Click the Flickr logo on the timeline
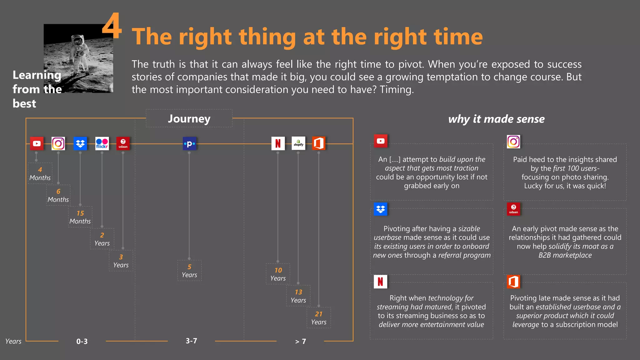[x=102, y=143]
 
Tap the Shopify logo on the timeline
[x=298, y=143]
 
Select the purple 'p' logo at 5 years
[x=189, y=144]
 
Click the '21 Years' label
[x=319, y=318]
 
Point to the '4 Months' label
[x=40, y=173]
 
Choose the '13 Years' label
[x=298, y=296]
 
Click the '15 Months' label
[x=80, y=217]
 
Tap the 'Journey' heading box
[x=189, y=118]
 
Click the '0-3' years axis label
[x=82, y=341]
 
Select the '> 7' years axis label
[x=301, y=342]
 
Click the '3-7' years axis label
[x=191, y=341]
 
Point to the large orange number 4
[x=112, y=26]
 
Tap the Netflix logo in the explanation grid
[x=380, y=282]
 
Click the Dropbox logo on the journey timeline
[x=80, y=143]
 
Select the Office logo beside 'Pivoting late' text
[x=513, y=282]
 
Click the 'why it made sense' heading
[x=496, y=119]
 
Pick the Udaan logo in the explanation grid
[x=513, y=209]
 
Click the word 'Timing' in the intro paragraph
[x=396, y=90]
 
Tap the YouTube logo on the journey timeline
[x=37, y=143]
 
